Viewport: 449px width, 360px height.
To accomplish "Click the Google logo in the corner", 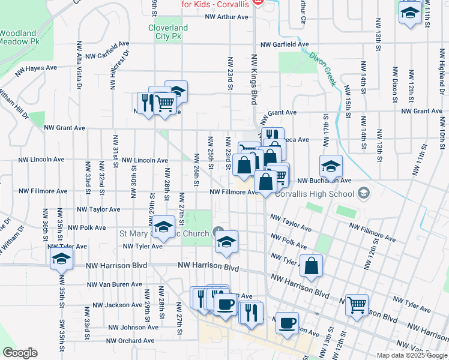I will pyautogui.click(x=20, y=352).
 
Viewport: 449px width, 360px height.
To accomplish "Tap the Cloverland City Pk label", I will pyautogui.click(x=168, y=32).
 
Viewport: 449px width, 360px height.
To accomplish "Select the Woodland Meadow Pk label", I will pyautogui.click(x=19, y=37).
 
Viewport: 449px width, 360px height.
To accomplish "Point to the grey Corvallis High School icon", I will pyautogui.click(x=363, y=193).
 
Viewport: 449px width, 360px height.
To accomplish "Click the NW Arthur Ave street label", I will pyautogui.click(x=226, y=17).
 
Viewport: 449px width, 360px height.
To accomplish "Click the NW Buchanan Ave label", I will pyautogui.click(x=322, y=181).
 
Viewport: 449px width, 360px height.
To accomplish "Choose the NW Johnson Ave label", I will pyautogui.click(x=133, y=328).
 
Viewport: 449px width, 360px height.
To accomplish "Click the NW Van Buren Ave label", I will pyautogui.click(x=114, y=284).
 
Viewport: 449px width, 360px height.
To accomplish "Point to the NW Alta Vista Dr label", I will pyautogui.click(x=79, y=65).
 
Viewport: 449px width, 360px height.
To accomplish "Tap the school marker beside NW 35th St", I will pyautogui.click(x=61, y=259).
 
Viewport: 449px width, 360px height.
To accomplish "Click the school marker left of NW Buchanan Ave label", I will pyautogui.click(x=331, y=166).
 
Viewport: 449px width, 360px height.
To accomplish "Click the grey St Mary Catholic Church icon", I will pyautogui.click(x=217, y=233).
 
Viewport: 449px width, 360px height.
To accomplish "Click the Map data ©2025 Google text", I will pyautogui.click(x=412, y=355).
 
